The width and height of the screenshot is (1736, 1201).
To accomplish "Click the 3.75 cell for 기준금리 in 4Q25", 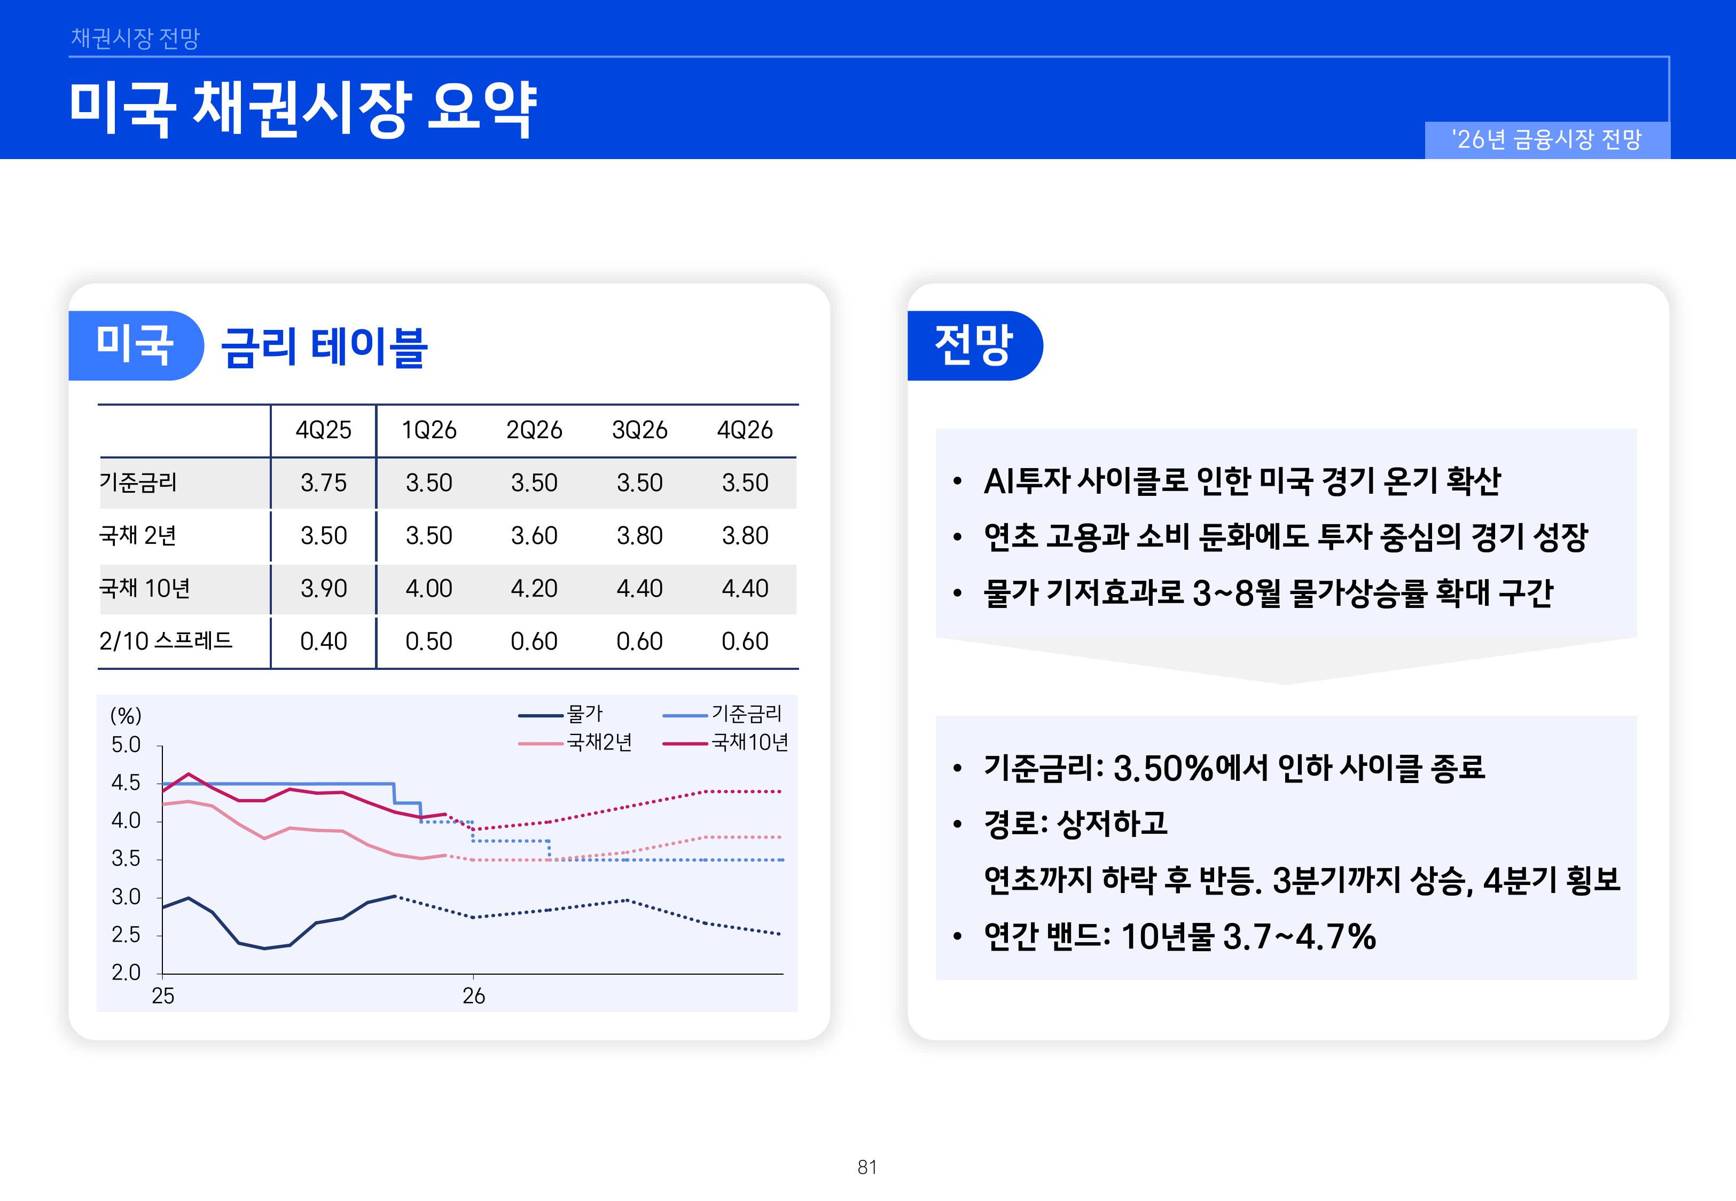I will click(x=323, y=483).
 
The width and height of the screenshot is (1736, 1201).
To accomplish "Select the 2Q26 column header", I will click(x=534, y=430).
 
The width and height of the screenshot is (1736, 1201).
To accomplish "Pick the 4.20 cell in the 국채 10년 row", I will click(x=534, y=588).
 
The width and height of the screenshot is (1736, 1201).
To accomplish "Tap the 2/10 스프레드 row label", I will click(x=166, y=641).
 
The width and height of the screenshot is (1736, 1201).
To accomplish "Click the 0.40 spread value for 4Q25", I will click(x=323, y=641).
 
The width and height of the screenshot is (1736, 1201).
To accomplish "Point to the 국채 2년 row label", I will click(x=138, y=535).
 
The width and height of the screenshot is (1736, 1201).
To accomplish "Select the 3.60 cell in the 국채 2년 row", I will click(x=534, y=535).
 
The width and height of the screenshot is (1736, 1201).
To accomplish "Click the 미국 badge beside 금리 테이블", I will click(x=136, y=345).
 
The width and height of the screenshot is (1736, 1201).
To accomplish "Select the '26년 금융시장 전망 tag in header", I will click(x=1547, y=139).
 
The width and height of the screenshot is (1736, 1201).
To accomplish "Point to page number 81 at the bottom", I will click(x=867, y=1167).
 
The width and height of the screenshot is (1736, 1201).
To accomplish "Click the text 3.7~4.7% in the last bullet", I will click(x=1300, y=937).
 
